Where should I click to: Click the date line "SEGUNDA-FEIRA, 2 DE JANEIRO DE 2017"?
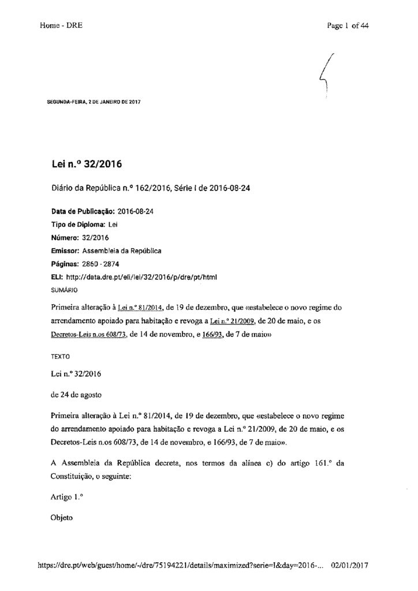coord(94,102)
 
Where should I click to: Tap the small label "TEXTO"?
coord(60,358)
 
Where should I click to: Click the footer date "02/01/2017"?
coord(350,566)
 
